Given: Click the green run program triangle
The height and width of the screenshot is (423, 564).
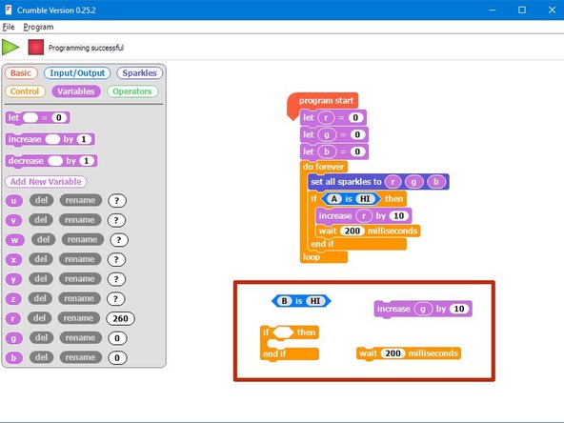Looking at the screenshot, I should [x=10, y=47].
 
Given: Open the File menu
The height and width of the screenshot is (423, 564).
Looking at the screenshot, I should [x=9, y=27].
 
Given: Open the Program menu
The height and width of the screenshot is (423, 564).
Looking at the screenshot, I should [x=39, y=27].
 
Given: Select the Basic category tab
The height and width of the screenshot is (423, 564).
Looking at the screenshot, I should [x=21, y=72].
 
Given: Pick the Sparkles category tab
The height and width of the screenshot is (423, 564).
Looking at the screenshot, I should [x=139, y=72].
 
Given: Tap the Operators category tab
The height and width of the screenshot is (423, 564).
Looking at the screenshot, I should [x=132, y=91].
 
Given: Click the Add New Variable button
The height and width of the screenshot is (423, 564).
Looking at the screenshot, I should [x=46, y=181].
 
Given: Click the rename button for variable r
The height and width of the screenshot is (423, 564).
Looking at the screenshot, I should [x=79, y=317].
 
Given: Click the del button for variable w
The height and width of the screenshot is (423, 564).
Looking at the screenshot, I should [x=43, y=239].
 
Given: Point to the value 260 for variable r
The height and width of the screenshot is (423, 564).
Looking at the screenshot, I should [x=121, y=318].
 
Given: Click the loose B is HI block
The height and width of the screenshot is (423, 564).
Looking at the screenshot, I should [x=301, y=301].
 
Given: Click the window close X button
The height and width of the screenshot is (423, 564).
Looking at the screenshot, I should [x=548, y=10].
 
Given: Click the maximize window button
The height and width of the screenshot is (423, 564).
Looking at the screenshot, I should [x=520, y=10].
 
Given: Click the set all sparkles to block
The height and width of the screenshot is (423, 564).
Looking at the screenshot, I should [x=344, y=181].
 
